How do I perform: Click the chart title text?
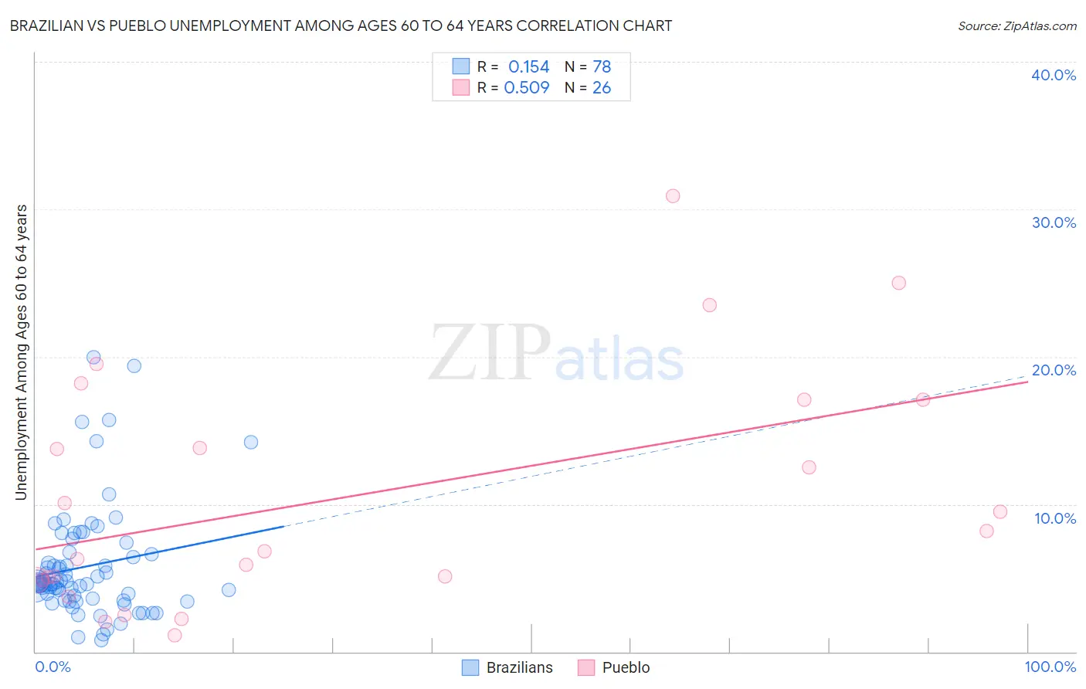(341, 25)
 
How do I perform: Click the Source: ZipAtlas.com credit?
(1016, 25)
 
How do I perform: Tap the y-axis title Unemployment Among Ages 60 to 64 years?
(21, 352)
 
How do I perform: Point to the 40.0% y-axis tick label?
(1054, 75)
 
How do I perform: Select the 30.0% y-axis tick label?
(1054, 222)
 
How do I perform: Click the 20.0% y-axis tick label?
(1054, 370)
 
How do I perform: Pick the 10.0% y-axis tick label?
(1055, 518)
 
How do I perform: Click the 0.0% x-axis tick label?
(53, 667)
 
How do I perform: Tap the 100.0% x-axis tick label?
(1050, 667)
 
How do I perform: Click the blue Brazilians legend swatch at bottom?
(470, 667)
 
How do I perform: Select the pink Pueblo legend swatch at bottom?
(586, 667)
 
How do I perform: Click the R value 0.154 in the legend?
(528, 67)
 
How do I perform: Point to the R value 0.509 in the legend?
(526, 88)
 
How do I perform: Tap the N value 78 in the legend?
(602, 67)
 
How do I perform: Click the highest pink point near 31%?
(673, 196)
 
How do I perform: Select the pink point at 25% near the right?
(898, 283)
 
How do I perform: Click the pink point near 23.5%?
(710, 305)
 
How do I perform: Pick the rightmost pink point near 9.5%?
(1000, 511)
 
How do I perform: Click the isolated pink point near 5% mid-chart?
(445, 576)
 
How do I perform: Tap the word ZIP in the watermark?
(490, 354)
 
